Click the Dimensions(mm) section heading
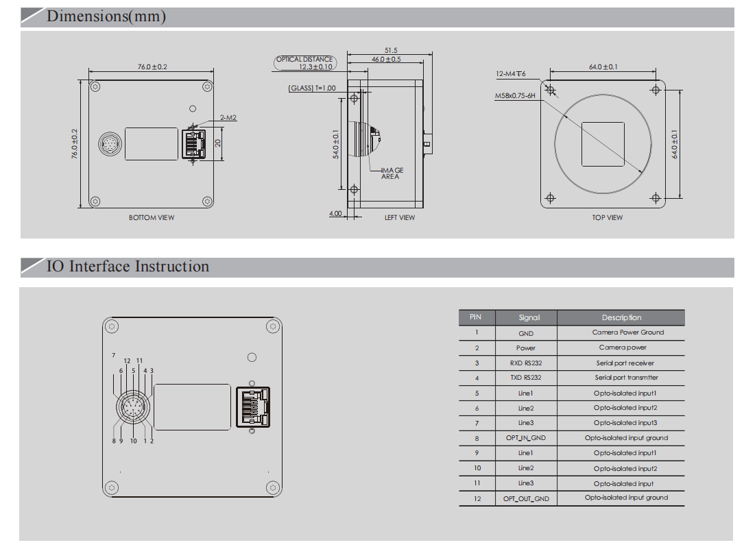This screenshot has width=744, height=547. coord(106,16)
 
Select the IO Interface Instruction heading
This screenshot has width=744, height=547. coord(128,267)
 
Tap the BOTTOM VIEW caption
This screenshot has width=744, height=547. coord(152,218)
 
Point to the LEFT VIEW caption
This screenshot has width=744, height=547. coord(399,218)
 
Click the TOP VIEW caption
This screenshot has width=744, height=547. coord(608,218)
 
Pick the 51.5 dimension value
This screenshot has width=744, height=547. coord(391,50)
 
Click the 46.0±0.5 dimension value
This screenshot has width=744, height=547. coord(386,60)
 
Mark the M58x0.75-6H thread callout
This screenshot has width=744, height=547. coord(514,97)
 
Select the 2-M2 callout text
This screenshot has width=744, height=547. coord(228,118)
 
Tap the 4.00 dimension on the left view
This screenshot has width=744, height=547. coord(335,214)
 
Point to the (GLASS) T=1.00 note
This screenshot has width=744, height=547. coord(312,88)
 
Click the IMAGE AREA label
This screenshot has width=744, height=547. coord(392,173)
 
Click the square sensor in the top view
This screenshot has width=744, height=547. coord(603,144)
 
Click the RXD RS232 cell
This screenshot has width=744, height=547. coord(526,363)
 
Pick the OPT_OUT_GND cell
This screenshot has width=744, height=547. coord(526,499)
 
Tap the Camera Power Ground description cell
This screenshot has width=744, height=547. coord(627,332)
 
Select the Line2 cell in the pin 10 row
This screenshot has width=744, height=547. coord(526,468)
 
